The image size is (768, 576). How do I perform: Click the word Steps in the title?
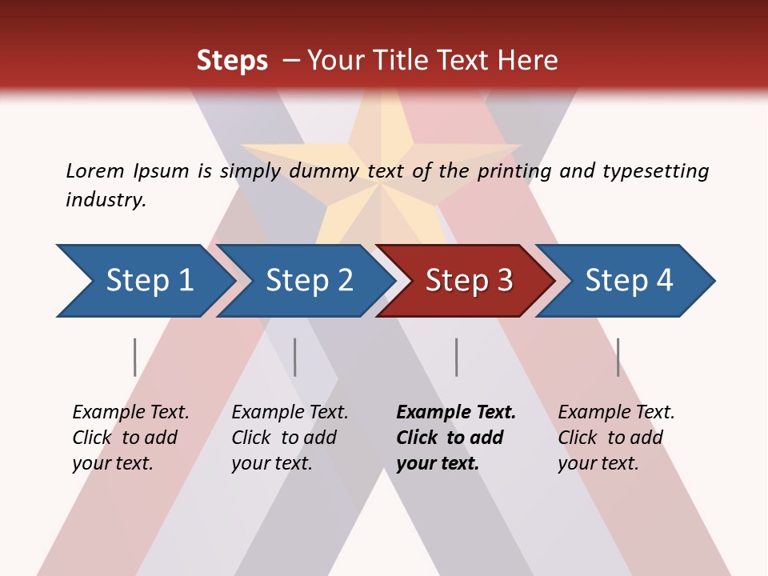pos(232,61)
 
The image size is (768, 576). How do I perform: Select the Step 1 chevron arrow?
pos(148,281)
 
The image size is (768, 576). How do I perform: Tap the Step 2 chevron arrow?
pos(308,281)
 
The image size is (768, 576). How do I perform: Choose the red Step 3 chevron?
pos(468,281)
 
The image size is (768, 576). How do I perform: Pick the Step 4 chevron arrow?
pos(628,281)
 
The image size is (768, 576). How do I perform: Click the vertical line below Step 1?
pos(135,357)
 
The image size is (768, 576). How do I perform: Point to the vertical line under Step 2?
pos(295,357)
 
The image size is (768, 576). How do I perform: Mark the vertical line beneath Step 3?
pos(456,357)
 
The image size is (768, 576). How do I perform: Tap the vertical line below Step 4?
pos(618,357)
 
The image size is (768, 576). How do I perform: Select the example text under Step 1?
pos(130,438)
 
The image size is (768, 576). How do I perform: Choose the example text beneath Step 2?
pos(290,438)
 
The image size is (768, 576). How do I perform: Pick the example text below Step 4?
pos(616,438)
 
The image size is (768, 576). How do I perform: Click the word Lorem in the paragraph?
pos(94,171)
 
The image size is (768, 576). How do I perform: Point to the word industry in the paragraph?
pos(106,200)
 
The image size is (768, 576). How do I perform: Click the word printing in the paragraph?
pos(515,171)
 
